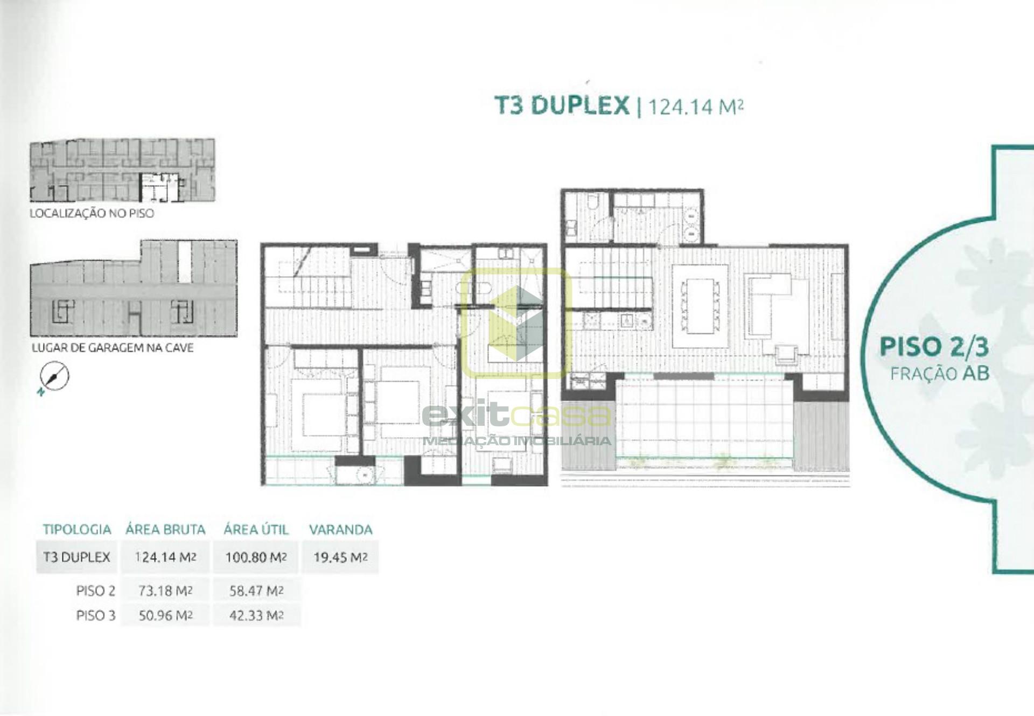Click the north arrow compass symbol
pyautogui.click(x=54, y=377)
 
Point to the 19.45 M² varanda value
pyautogui.click(x=340, y=557)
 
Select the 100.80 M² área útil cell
pyautogui.click(x=256, y=557)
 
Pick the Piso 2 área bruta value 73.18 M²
pyautogui.click(x=165, y=591)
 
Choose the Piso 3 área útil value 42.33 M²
pyautogui.click(x=256, y=615)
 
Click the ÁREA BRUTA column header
pyautogui.click(x=165, y=530)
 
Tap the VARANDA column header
pyautogui.click(x=340, y=530)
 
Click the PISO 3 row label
pyautogui.click(x=96, y=615)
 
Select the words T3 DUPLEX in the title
pyautogui.click(x=562, y=105)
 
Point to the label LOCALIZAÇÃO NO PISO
pyautogui.click(x=92, y=213)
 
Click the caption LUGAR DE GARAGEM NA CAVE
pyautogui.click(x=113, y=348)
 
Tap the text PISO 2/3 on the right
pyautogui.click(x=934, y=347)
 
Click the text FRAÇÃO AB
pyautogui.click(x=940, y=374)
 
